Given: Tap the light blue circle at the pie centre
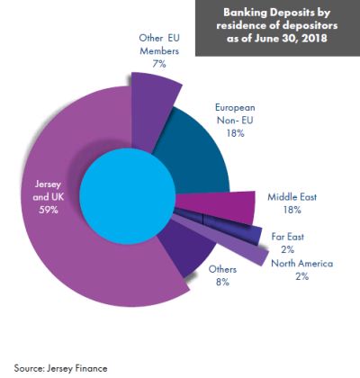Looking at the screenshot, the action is (128, 195).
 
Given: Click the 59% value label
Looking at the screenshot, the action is (48, 210).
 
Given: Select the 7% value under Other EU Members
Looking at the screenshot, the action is (159, 64).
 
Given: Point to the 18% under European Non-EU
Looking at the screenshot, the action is (235, 133).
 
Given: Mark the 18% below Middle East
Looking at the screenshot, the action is (292, 210).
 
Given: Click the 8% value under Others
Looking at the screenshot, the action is (222, 282).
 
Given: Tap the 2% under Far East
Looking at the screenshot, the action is (287, 249).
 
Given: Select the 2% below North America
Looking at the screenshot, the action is (301, 276).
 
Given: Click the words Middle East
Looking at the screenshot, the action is (292, 197).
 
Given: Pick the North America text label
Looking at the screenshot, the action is (301, 263).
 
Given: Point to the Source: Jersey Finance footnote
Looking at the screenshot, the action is (60, 368).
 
